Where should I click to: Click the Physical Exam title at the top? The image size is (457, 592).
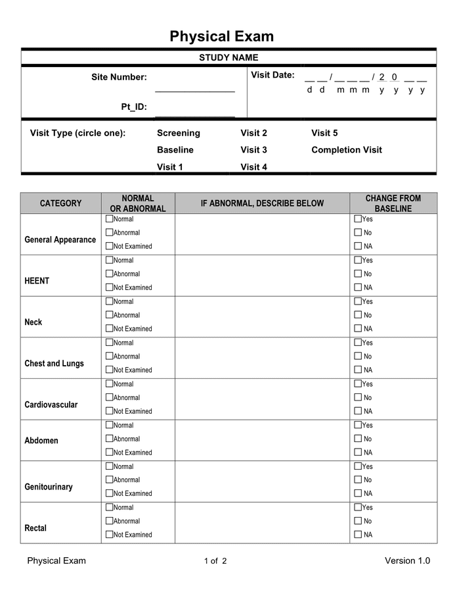pos(221,36)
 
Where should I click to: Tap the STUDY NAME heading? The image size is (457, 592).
pos(229,58)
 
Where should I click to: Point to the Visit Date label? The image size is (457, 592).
pos(272,75)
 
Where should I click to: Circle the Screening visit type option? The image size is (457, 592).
pos(179,133)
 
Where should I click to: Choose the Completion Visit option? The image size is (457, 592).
pos(346,150)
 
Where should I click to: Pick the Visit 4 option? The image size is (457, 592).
pos(253,167)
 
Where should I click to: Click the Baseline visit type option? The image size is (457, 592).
pos(175,150)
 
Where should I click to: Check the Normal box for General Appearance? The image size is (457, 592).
pos(109,218)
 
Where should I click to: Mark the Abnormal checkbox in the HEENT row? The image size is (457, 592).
pos(109,274)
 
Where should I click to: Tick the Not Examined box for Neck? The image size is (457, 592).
pos(109,328)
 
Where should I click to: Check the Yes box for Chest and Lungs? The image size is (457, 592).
pos(358,342)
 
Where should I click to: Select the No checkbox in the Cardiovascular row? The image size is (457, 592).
pos(358,397)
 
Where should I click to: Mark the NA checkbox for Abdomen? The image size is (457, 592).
pos(358,452)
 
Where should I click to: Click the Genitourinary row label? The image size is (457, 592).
pos(49,487)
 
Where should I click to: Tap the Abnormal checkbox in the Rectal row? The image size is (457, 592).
pos(109,521)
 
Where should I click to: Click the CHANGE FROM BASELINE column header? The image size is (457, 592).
pos(393,203)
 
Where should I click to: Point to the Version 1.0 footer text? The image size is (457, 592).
pos(407,560)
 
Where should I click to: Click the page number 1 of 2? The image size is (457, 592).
pos(215,561)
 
